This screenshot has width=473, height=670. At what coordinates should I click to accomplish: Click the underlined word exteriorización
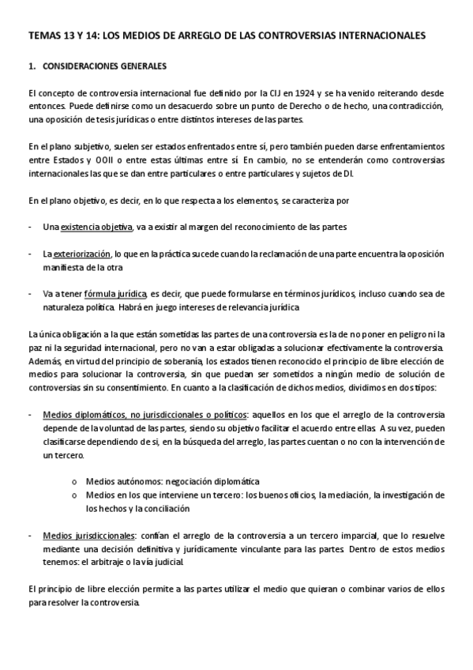[83, 254]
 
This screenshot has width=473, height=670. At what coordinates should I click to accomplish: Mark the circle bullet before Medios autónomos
[74, 482]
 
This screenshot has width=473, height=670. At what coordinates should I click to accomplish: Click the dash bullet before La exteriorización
[30, 254]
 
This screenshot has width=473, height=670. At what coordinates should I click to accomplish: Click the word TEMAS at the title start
[43, 36]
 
